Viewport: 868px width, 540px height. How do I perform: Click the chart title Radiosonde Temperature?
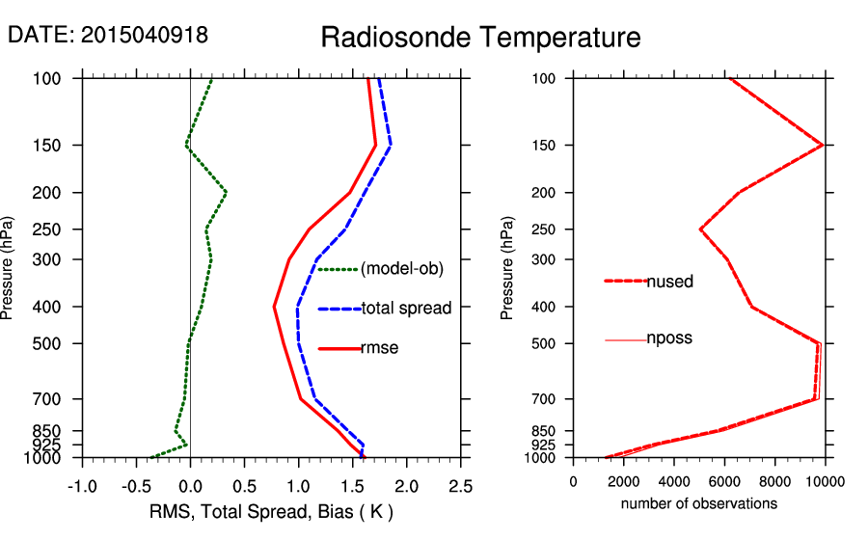pos(480,38)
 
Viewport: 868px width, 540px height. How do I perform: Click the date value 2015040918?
pos(145,35)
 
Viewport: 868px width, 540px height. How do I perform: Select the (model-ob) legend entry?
pos(401,269)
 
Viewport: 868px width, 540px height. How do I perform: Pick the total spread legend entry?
pos(405,309)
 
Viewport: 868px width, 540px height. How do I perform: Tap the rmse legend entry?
pos(379,348)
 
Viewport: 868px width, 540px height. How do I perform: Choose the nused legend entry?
pos(669,282)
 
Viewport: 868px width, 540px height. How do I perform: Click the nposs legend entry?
pos(669,338)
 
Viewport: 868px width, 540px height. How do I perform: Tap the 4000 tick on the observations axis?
pos(674,482)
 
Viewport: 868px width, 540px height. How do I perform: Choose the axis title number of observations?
pos(698,503)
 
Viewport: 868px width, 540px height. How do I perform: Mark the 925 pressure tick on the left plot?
pos(56,445)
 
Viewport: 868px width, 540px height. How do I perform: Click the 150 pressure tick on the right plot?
pos(547,146)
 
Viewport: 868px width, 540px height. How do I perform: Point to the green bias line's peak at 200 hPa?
pos(226,192)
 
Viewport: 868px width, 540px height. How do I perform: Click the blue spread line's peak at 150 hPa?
pos(391,146)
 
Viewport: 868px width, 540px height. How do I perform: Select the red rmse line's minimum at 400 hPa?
pos(275,307)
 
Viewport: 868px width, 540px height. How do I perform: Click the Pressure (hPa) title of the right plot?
pos(507,268)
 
